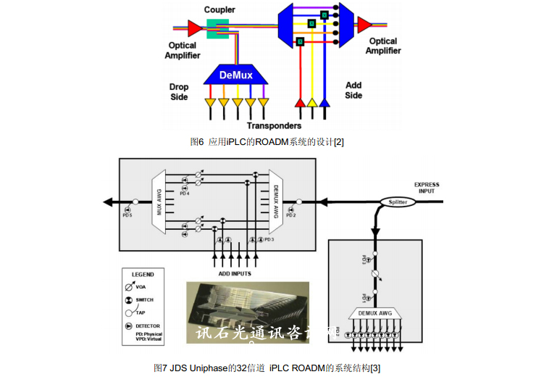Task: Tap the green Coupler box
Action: click(217, 28)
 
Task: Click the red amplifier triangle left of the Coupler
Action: click(194, 28)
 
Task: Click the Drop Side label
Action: click(179, 92)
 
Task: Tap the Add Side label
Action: click(353, 90)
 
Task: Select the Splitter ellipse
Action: click(398, 202)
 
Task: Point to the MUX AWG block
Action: click(161, 202)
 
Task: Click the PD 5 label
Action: click(127, 215)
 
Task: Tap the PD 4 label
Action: click(185, 194)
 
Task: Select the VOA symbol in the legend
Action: click(129, 286)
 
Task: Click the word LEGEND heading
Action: click(143, 275)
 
